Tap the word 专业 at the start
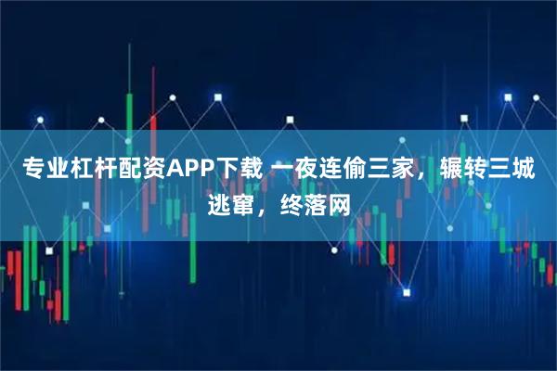coord(41,171)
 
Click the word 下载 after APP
coord(237,171)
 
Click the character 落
coord(315,203)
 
